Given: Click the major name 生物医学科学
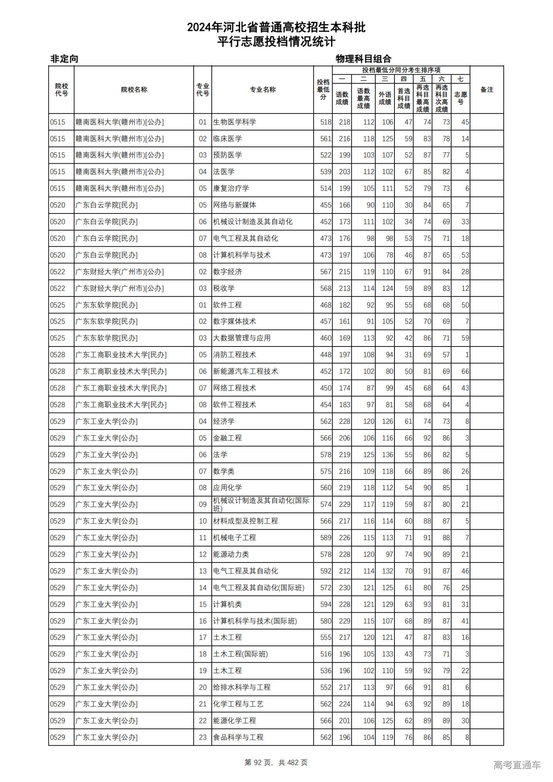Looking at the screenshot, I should [235, 122].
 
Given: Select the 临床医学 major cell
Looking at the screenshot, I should [227, 139].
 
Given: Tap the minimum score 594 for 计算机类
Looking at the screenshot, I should [326, 604].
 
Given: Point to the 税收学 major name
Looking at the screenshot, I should [224, 288].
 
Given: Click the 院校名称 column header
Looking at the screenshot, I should [134, 90].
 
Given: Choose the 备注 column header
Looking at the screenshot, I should [486, 90].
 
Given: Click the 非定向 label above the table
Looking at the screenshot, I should [64, 59].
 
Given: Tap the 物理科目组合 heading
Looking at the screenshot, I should [363, 59].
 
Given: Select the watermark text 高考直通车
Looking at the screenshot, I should [517, 765].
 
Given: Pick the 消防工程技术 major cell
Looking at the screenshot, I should [235, 355].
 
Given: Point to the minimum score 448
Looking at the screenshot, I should [326, 355].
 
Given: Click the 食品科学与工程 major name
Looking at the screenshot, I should [238, 737].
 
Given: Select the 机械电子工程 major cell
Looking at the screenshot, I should [235, 538].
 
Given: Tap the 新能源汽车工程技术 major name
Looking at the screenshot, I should [245, 372].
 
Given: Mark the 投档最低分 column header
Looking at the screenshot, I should [323, 90].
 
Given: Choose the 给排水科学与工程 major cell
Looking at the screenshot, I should [242, 687].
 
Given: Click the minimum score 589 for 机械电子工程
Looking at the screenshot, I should [326, 538].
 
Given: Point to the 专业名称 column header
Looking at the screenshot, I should [263, 90].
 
